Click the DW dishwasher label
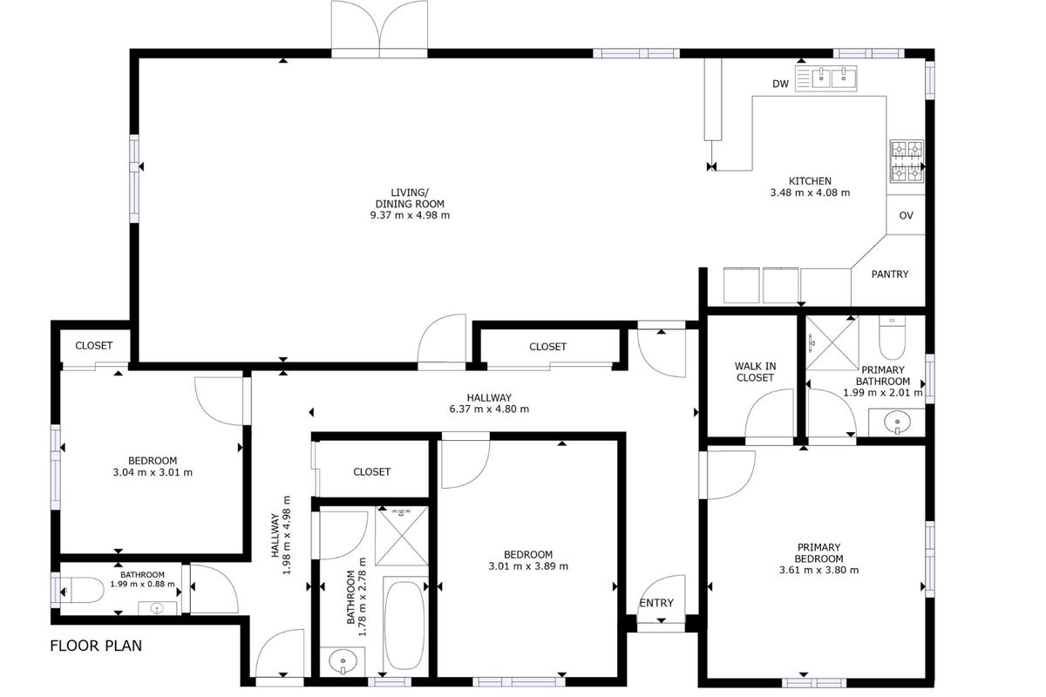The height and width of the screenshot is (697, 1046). click(780, 84)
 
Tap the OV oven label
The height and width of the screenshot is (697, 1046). click(906, 216)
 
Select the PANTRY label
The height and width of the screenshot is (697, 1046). click(890, 274)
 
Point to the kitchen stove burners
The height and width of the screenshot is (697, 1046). click(907, 161)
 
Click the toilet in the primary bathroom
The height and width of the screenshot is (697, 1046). click(892, 337)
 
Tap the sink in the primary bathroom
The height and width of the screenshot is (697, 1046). click(897, 423)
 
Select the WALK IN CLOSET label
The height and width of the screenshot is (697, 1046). click(755, 372)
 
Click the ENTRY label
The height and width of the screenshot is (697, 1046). click(656, 603)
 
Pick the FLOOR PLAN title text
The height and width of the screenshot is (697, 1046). click(96, 646)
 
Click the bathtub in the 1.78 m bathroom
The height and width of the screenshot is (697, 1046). click(404, 625)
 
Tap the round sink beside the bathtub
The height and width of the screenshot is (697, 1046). click(343, 662)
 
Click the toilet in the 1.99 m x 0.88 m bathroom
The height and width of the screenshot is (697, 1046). click(81, 591)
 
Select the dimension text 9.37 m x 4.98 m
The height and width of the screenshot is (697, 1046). click(410, 216)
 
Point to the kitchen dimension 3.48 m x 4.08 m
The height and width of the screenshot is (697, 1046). click(810, 193)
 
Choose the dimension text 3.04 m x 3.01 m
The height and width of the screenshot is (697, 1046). click(153, 472)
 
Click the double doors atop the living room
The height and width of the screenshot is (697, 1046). click(379, 29)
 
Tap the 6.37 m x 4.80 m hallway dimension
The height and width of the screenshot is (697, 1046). click(489, 409)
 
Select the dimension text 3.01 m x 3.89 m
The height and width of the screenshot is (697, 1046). click(528, 566)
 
